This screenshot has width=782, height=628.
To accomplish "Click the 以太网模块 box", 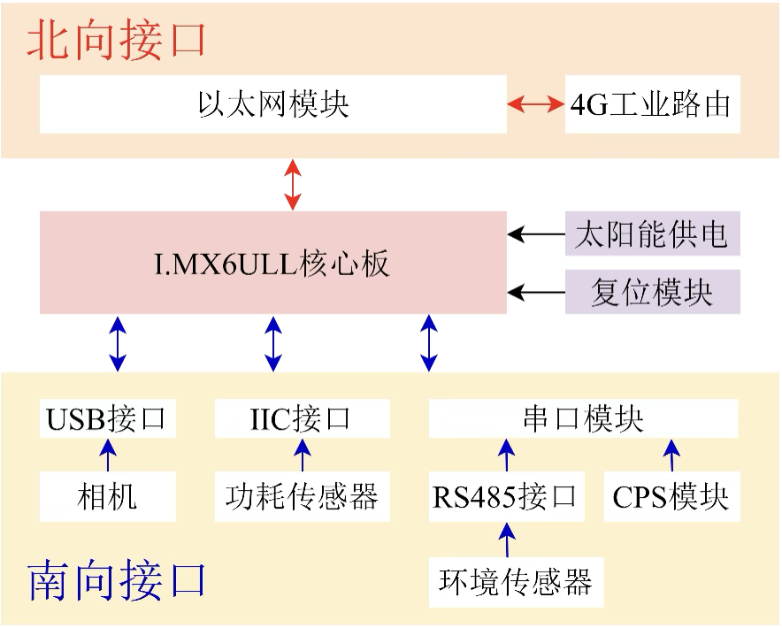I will pyautogui.click(x=272, y=104).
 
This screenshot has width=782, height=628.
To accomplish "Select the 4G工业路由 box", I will pyautogui.click(x=652, y=104).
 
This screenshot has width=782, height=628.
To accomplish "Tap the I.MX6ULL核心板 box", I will pyautogui.click(x=272, y=263).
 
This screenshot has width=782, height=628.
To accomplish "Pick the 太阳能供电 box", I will pyautogui.click(x=652, y=235).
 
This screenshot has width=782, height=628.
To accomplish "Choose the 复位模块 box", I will pyautogui.click(x=652, y=292).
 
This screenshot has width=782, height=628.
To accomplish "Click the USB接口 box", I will pyautogui.click(x=107, y=417).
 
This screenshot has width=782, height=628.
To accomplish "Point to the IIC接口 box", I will pyautogui.click(x=301, y=417).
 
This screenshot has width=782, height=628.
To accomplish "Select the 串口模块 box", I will pyautogui.click(x=583, y=417).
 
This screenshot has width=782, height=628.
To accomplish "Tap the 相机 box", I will pyautogui.click(x=107, y=496).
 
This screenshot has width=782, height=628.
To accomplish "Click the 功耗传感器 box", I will pyautogui.click(x=301, y=496).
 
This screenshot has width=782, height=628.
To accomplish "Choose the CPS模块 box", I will pyautogui.click(x=671, y=496).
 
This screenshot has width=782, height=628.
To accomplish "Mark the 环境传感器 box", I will pyautogui.click(x=516, y=581).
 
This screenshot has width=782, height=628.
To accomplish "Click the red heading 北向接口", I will pyautogui.click(x=116, y=41).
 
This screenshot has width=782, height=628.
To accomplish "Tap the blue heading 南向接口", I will pyautogui.click(x=118, y=579).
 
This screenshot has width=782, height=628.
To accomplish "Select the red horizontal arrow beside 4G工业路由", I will pyautogui.click(x=535, y=104).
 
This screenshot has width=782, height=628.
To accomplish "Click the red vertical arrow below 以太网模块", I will pyautogui.click(x=293, y=185).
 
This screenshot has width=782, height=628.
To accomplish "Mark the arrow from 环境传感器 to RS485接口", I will pyautogui.click(x=507, y=539).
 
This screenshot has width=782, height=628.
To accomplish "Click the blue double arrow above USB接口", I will pyautogui.click(x=117, y=343).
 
